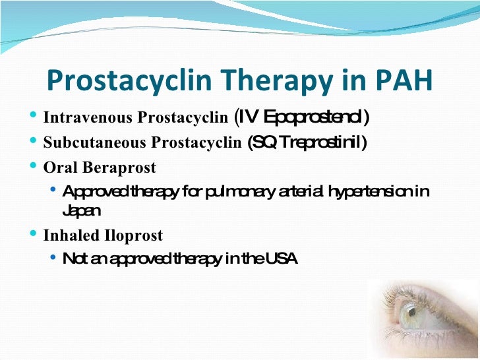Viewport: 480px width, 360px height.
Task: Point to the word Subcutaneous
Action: (x=85, y=142)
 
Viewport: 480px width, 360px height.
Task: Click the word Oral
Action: (x=57, y=167)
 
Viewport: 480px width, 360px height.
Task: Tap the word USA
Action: (x=282, y=259)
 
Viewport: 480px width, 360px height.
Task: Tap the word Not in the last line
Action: (x=73, y=259)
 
